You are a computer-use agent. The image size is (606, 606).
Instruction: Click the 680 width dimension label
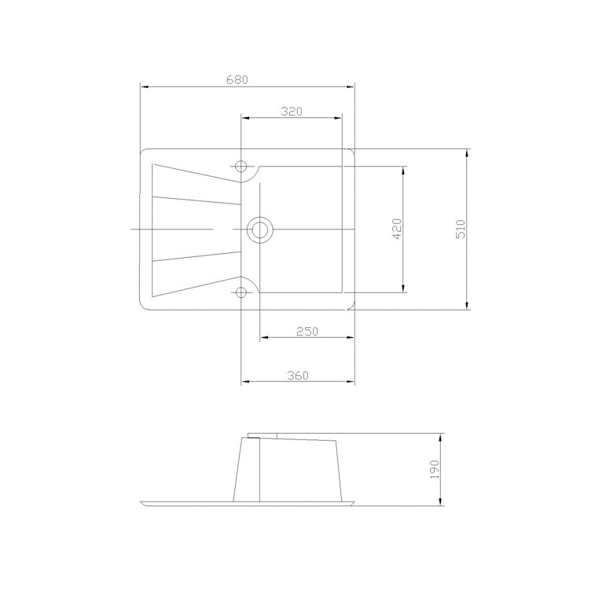(237, 79)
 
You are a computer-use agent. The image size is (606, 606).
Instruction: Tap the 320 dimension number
(292, 112)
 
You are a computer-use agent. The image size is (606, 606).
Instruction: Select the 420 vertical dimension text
(397, 229)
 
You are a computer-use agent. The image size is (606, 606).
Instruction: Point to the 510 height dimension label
(461, 229)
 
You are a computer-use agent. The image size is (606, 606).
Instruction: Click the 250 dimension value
(307, 331)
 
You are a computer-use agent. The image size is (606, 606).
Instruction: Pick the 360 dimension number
(298, 375)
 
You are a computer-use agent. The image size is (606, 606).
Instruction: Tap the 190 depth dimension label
(435, 469)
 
